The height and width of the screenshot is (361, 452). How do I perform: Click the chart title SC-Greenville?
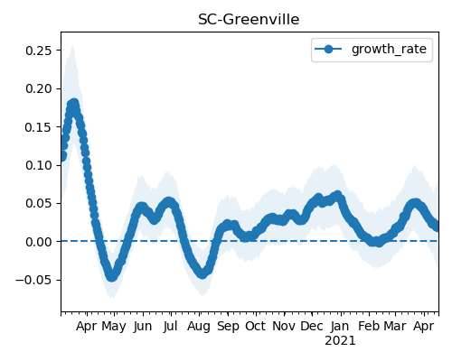click(249, 20)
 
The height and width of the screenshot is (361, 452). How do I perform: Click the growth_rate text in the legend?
click(389, 49)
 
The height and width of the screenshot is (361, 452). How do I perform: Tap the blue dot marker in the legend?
click(328, 49)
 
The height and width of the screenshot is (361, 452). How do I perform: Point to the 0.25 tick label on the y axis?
click(39, 51)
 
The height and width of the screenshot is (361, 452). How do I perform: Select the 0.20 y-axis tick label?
click(39, 88)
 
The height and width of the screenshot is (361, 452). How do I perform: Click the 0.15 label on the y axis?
click(39, 127)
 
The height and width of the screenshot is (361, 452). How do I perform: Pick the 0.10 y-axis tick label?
click(39, 165)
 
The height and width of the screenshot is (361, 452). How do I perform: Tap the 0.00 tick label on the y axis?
click(39, 242)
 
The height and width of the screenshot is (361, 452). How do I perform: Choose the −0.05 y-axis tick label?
click(33, 280)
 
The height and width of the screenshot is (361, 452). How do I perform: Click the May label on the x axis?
click(114, 327)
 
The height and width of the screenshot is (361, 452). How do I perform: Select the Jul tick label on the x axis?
click(170, 326)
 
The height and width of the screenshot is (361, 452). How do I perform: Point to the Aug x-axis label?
click(199, 327)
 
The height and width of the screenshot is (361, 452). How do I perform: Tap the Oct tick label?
click(256, 326)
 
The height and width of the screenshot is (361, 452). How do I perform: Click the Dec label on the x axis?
click(312, 326)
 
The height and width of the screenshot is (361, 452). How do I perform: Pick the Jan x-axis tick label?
click(340, 326)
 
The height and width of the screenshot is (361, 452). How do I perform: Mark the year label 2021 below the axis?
click(340, 341)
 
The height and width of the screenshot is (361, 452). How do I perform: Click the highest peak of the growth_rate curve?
click(73, 104)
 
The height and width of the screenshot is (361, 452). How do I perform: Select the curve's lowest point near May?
click(112, 276)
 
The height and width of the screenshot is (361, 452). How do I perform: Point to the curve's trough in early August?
click(202, 273)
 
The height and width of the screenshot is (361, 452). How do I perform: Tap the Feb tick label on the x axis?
click(369, 326)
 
